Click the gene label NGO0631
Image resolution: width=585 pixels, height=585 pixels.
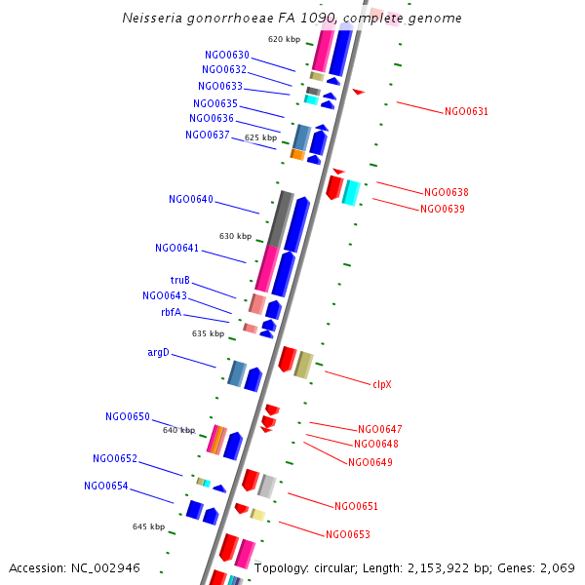(x=466, y=111)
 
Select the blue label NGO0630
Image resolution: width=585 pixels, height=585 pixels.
(x=227, y=55)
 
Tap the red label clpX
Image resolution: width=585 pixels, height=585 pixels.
(x=381, y=384)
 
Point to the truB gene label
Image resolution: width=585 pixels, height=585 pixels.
(x=179, y=281)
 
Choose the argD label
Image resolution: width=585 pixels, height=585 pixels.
(x=158, y=352)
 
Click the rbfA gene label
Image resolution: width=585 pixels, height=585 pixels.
(x=171, y=313)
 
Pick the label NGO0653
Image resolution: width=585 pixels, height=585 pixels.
(x=348, y=534)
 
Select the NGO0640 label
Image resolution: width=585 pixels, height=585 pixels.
(x=190, y=199)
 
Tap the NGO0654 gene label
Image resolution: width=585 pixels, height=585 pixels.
(x=105, y=486)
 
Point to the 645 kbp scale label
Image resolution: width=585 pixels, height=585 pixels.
(x=148, y=526)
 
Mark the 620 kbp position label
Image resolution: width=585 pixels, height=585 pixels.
(x=284, y=39)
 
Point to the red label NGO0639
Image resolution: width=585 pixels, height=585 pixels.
(x=443, y=209)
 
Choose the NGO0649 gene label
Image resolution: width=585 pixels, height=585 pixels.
(x=370, y=462)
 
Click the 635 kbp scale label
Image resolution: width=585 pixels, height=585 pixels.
(x=208, y=333)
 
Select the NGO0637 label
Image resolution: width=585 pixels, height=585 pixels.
(x=207, y=135)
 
